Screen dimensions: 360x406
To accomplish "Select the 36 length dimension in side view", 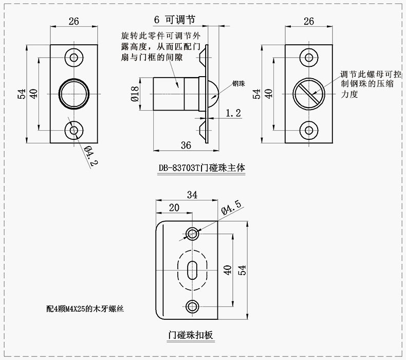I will (x=186, y=145).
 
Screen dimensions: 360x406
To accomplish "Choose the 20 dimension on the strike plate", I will (x=174, y=208).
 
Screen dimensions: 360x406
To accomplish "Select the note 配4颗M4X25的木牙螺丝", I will (x=84, y=309).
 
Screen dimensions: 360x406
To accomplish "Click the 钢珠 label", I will (x=238, y=83).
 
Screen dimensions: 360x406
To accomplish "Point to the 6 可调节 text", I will (x=174, y=19).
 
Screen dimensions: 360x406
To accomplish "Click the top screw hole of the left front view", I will (x=74, y=57).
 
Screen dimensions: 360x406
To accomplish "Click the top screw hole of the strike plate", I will (x=193, y=233).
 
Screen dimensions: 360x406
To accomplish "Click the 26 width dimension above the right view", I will (x=309, y=21).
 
